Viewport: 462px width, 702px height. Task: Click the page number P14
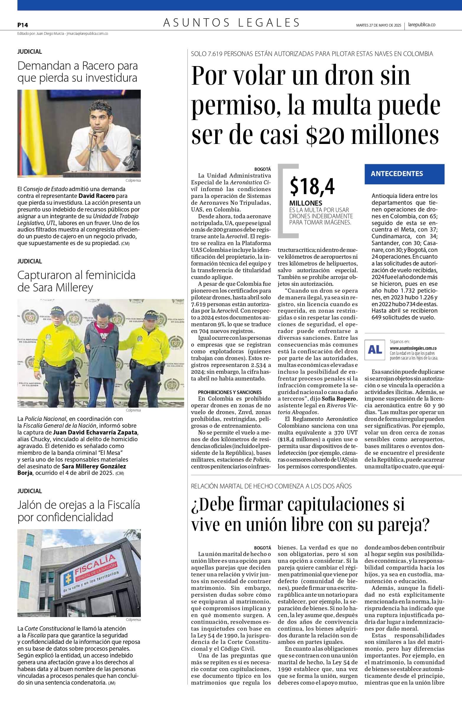coord(22,25)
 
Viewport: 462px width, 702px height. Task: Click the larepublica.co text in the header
coord(422,25)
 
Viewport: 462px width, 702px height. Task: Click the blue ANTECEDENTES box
coord(404,174)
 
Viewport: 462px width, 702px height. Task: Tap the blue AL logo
coord(375,350)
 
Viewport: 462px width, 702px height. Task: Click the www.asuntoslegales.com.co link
coord(413,348)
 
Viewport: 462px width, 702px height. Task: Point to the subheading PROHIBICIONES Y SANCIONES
coord(230,392)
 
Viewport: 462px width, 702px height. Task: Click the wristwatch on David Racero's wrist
coord(104,148)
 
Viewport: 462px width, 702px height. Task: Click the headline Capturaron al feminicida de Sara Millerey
coord(76,281)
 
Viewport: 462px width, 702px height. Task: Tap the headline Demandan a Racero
coord(78,72)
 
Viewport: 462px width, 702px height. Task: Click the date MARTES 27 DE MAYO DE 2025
coord(378,25)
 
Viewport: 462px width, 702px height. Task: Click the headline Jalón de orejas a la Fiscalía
coord(79,511)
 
